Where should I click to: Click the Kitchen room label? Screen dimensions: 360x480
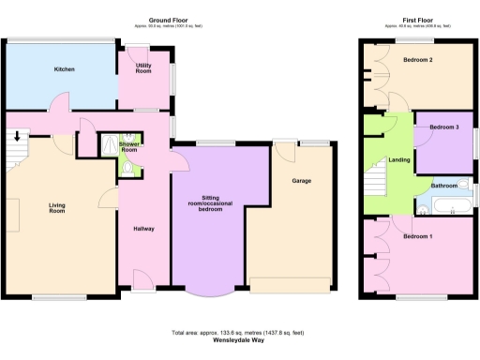tap(64, 69)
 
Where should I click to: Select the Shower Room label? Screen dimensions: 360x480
tap(128, 147)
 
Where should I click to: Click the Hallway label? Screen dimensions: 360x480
tap(143, 229)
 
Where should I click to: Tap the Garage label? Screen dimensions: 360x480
tap(302, 181)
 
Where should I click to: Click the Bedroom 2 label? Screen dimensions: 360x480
tap(417, 60)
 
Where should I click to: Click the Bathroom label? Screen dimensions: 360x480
tap(443, 186)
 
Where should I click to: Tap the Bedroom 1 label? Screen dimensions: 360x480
tap(417, 236)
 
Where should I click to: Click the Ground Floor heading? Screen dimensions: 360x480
tap(170, 20)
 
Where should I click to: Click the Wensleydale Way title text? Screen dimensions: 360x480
tap(238, 340)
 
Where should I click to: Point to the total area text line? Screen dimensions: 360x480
tap(238, 333)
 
